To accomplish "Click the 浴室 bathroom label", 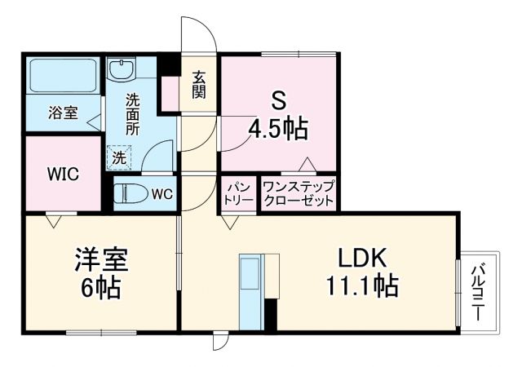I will [x=63, y=113].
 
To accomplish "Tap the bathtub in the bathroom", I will [x=63, y=77].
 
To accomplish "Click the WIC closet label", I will [x=62, y=174].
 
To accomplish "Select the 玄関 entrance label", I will [x=199, y=84].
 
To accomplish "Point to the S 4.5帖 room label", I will [x=279, y=116].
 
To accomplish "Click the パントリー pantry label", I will [x=237, y=194].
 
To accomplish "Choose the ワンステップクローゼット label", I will [x=298, y=194].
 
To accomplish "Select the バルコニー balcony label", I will [x=480, y=289].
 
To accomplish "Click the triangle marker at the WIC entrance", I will [x=55, y=219].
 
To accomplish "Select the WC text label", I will [x=161, y=194].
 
